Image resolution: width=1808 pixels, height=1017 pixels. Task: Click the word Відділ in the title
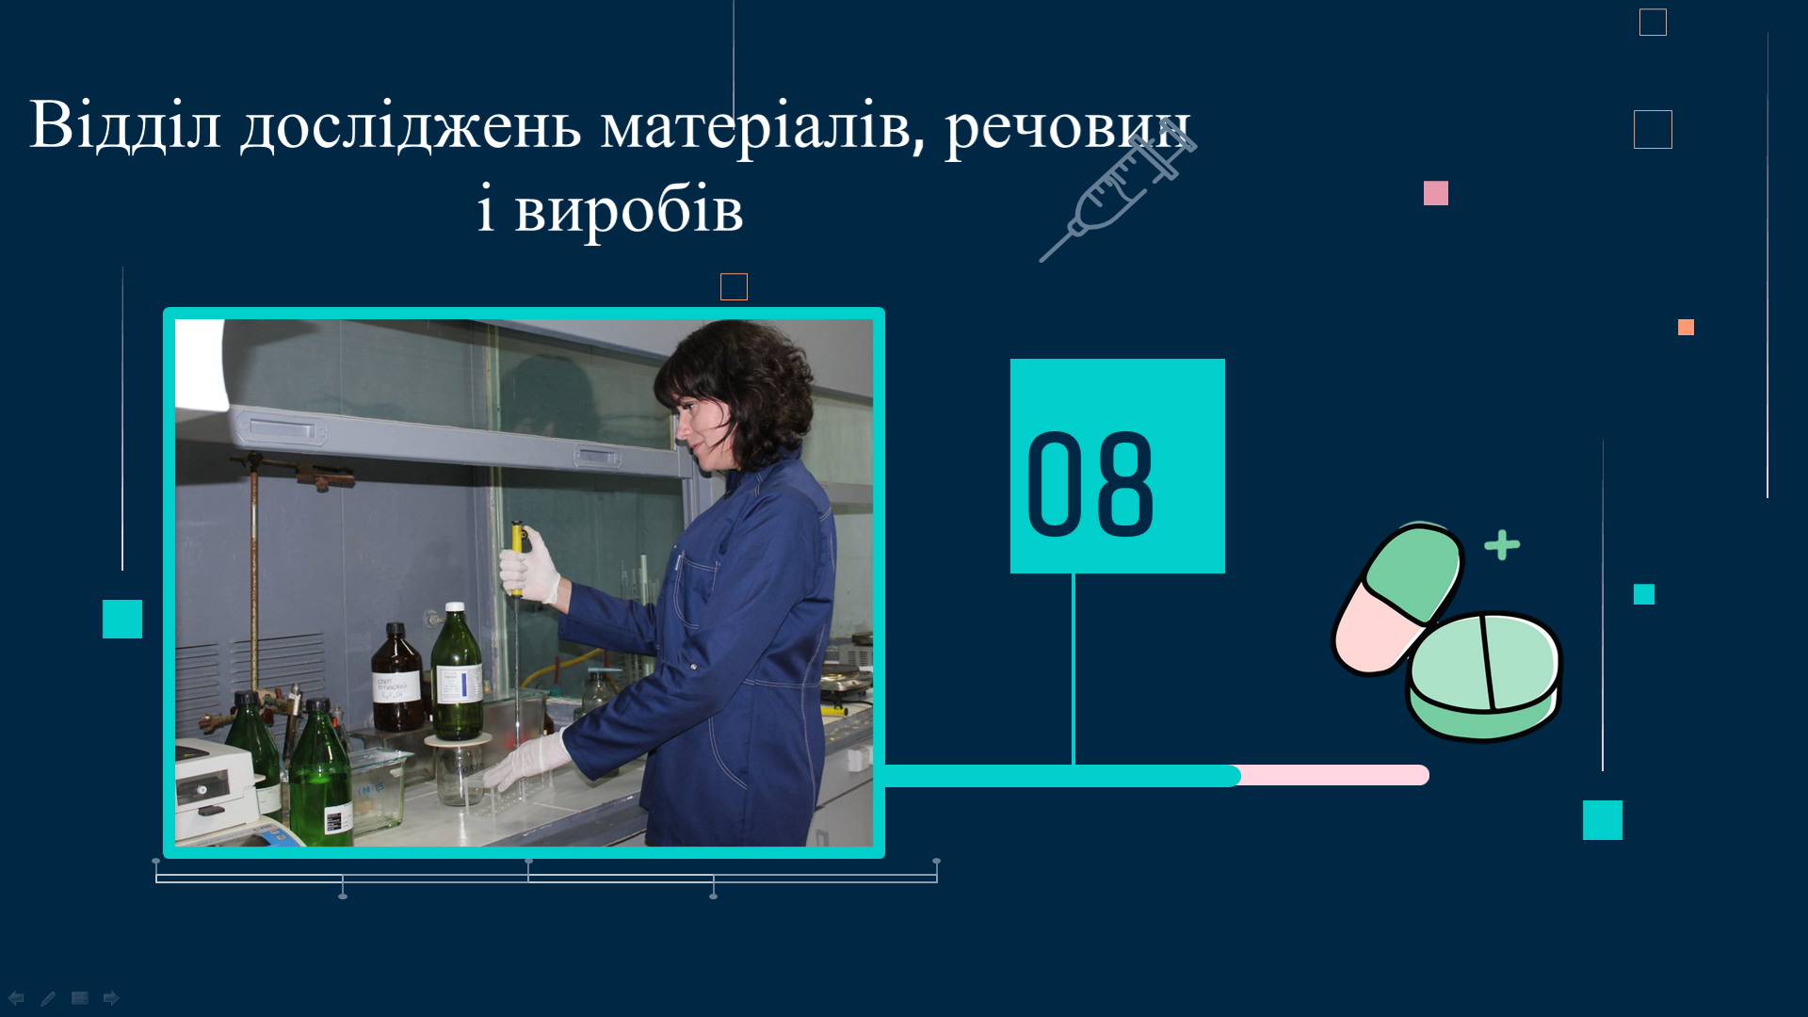tap(125, 124)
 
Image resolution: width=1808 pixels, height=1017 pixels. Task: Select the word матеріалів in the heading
tap(763, 128)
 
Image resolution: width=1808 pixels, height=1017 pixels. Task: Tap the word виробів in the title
tap(629, 209)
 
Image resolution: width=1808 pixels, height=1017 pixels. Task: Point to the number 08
tap(1090, 484)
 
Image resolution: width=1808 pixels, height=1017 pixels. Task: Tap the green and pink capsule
tap(1396, 598)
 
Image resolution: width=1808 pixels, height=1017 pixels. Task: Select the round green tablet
tap(1484, 675)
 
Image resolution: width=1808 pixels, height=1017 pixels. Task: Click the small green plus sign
tap(1502, 545)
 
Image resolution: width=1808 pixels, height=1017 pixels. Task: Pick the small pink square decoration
tap(1436, 193)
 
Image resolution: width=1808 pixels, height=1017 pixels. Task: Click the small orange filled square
tap(1686, 327)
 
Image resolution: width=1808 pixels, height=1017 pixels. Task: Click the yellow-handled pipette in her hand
tap(517, 559)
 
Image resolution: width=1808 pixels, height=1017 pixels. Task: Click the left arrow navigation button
tap(16, 997)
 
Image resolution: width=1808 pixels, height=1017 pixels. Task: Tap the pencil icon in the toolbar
tap(48, 998)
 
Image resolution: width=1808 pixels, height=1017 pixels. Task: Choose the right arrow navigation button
tap(111, 997)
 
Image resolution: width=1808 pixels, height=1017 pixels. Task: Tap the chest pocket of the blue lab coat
tap(698, 589)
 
